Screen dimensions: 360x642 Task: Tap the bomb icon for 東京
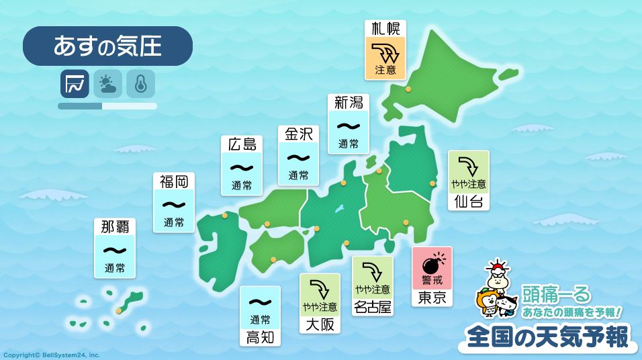[432, 259]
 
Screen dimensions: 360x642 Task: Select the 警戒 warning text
[432, 279]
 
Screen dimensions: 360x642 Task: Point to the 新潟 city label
[349, 102]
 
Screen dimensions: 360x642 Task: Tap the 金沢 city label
[298, 134]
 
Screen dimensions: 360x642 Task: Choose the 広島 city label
[242, 144]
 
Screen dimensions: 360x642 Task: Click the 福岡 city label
[173, 181]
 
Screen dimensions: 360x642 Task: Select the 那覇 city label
[115, 226]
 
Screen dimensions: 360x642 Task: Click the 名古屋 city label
[373, 307]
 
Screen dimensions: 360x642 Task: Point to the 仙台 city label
[468, 201]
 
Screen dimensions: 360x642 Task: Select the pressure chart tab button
[75, 83]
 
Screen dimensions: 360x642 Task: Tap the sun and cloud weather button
[107, 83]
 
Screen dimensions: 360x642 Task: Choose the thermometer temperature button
[140, 83]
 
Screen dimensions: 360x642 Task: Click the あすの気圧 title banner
[107, 46]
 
